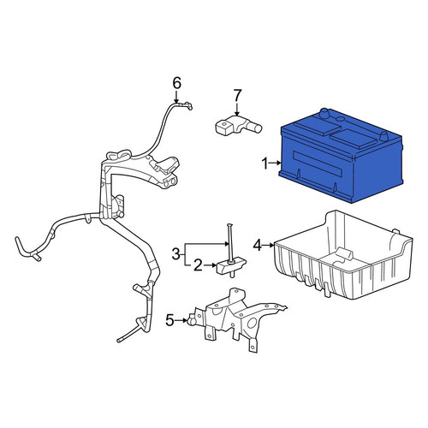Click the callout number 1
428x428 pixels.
265,163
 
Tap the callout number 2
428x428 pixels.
198,265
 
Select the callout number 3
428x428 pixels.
176,253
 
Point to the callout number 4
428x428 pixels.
258,245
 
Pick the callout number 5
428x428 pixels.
169,320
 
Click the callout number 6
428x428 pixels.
177,84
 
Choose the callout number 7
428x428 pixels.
237,95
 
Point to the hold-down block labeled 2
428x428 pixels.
231,265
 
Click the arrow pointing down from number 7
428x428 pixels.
237,110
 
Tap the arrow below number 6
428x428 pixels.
176,97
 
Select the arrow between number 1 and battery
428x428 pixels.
275,163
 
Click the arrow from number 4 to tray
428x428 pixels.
268,245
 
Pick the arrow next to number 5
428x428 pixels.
181,320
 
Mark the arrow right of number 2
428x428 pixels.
210,265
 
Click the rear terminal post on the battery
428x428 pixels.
324,113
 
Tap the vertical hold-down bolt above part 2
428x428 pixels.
230,243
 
